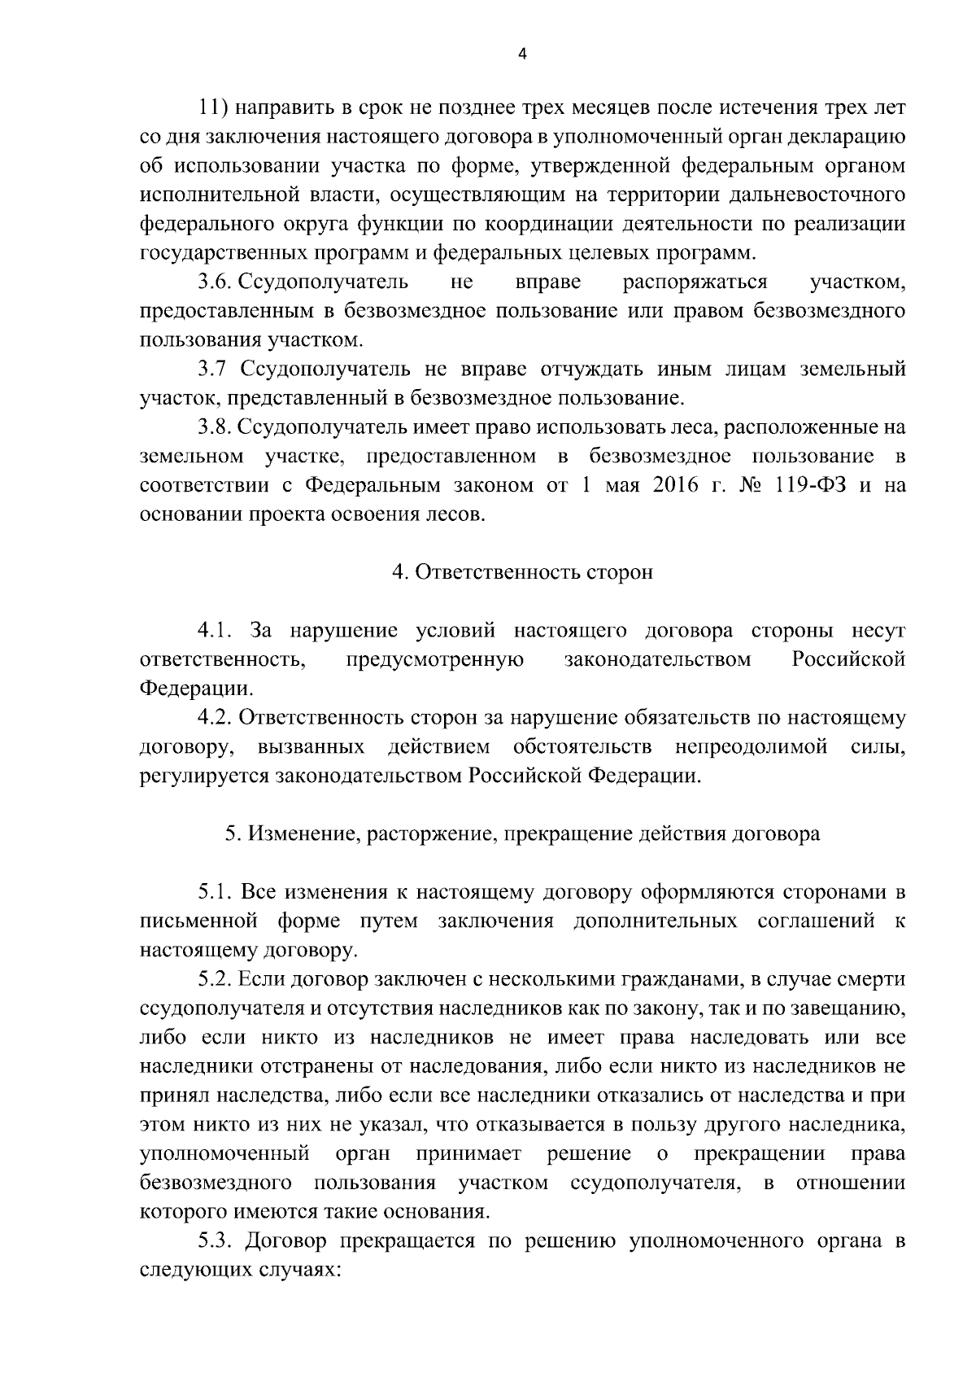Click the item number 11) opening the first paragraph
218,108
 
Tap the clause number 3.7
212,370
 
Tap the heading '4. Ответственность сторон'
522,572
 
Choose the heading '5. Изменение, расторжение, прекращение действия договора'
522,834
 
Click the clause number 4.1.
216,631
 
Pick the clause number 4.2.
216,718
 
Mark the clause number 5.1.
216,892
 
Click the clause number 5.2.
216,979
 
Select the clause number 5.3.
216,1241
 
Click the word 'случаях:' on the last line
296,1270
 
